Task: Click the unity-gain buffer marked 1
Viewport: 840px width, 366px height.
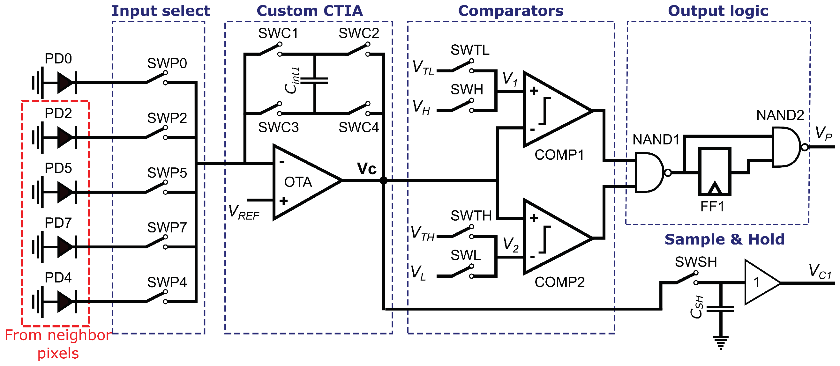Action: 760,282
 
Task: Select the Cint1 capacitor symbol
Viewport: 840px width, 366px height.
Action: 314,80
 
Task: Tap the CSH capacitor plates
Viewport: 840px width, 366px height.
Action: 721,309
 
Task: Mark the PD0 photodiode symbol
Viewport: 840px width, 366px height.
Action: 65,83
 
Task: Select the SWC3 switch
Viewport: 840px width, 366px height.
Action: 270,109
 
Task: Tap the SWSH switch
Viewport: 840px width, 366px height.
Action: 686,278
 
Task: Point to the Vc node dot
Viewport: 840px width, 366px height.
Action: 384,180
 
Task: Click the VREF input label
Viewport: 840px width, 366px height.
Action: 244,212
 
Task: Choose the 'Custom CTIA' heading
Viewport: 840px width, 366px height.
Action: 310,11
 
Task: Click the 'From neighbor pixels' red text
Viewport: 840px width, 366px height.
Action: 58,344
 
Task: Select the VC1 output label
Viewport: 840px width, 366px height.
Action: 820,272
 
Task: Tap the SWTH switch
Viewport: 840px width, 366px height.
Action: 462,232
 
